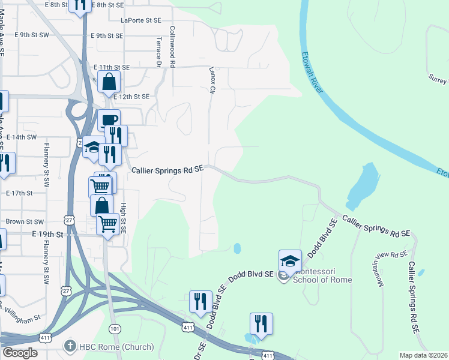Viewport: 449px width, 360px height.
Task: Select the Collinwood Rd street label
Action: pyautogui.click(x=173, y=46)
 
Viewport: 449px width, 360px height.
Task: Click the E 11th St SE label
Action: pyautogui.click(x=111, y=68)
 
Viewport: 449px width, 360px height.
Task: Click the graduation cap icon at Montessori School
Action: pyautogui.click(x=290, y=260)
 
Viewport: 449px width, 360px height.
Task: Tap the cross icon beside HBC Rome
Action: pyautogui.click(x=70, y=347)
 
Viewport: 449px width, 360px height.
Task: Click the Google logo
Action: pyautogui.click(x=19, y=353)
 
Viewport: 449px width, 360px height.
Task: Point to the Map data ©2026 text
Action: pyautogui.click(x=423, y=355)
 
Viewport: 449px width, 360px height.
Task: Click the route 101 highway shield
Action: pyautogui.click(x=115, y=329)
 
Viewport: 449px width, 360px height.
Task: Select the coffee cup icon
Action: pyautogui.click(x=109, y=120)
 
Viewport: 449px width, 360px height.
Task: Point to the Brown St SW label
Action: pyautogui.click(x=25, y=221)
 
